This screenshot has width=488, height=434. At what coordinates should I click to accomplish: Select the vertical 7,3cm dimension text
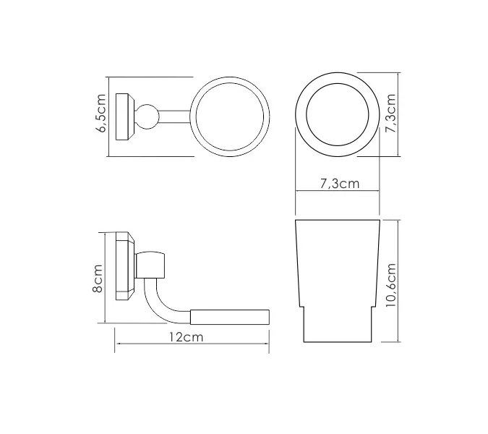click(x=390, y=114)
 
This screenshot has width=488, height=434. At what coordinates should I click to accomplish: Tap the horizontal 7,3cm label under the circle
click(x=339, y=184)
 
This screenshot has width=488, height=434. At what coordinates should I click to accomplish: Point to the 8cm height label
click(x=98, y=278)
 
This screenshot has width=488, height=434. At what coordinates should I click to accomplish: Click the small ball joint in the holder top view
click(x=149, y=116)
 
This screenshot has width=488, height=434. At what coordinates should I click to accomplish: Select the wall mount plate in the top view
click(x=125, y=116)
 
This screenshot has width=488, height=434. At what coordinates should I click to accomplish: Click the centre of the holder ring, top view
click(x=230, y=116)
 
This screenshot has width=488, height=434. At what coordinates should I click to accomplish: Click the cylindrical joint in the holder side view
click(x=153, y=265)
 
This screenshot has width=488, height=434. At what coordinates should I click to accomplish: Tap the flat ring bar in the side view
click(x=230, y=315)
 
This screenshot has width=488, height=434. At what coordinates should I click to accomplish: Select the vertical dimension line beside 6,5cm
click(x=109, y=116)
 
